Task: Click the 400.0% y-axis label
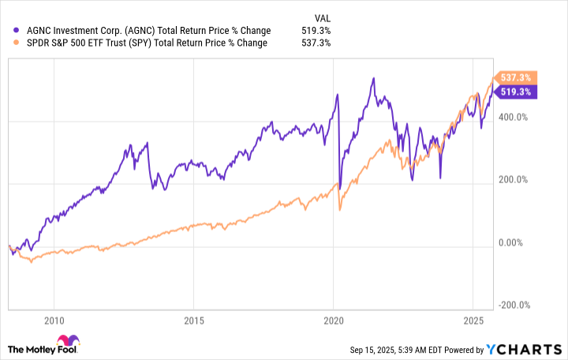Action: (518, 118)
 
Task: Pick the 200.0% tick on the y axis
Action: (518, 181)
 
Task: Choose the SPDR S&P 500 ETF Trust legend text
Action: (147, 43)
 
